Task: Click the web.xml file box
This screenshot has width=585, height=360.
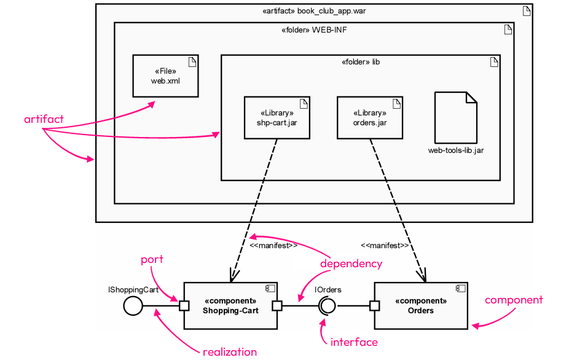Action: (165, 76)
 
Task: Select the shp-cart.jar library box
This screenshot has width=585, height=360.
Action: (277, 117)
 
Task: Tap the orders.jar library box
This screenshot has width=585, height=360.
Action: (370, 117)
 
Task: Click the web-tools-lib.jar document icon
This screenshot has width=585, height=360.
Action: (455, 117)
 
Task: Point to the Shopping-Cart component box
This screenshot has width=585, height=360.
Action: (230, 305)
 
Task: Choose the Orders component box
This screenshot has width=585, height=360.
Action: (421, 305)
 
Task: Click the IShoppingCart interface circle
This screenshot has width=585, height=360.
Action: (133, 305)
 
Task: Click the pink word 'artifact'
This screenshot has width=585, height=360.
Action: (44, 119)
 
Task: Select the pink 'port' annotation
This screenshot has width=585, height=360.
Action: (152, 259)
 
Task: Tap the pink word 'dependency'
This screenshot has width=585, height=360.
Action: (351, 264)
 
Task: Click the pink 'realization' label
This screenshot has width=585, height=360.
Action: (229, 352)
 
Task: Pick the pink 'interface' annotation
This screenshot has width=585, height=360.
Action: (354, 342)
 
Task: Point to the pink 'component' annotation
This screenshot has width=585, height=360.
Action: (514, 300)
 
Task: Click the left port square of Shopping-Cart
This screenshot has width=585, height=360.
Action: (184, 305)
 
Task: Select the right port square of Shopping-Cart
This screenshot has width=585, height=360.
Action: (277, 305)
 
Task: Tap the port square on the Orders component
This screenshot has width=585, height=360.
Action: (374, 305)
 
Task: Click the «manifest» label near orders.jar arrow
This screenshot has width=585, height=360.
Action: (385, 246)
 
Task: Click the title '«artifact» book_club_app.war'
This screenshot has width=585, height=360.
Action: (314, 11)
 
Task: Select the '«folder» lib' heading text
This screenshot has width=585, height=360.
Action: (360, 62)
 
